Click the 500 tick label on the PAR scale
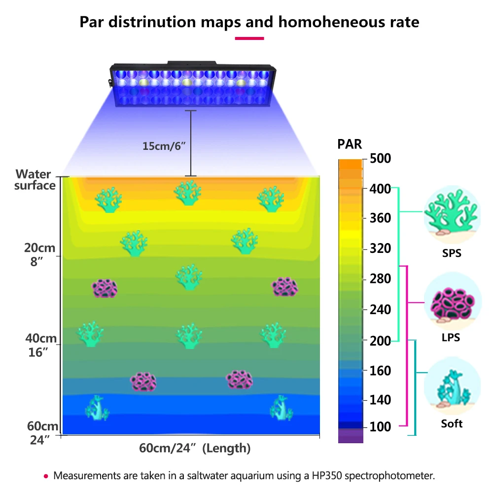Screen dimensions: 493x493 pyautogui.click(x=380, y=159)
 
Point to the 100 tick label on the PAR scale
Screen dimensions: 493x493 pyautogui.click(x=380, y=426)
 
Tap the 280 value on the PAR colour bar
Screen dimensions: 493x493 pyautogui.click(x=380, y=279)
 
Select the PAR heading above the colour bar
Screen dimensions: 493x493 pyautogui.click(x=350, y=144)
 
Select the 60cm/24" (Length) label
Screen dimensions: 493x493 pyautogui.click(x=195, y=449)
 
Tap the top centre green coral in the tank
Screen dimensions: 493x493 pyautogui.click(x=188, y=193)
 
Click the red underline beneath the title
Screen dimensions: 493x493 pyautogui.click(x=249, y=38)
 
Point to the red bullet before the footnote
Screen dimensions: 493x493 pyautogui.click(x=46, y=476)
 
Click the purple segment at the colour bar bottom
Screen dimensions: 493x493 pyautogui.click(x=351, y=435)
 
